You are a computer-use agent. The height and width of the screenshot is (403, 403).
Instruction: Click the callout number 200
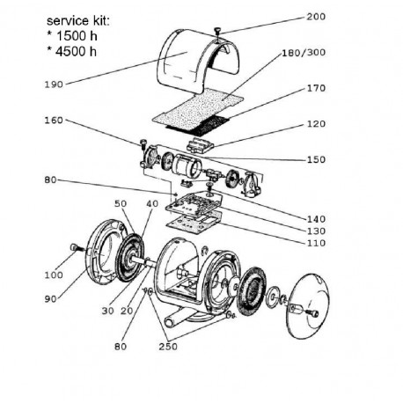[316, 17]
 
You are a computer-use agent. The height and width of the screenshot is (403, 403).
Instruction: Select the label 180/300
[304, 53]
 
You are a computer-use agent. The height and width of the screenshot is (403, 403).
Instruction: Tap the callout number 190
[54, 84]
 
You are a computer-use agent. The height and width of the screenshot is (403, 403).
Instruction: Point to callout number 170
[316, 88]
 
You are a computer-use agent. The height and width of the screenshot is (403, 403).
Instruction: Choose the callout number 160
[54, 121]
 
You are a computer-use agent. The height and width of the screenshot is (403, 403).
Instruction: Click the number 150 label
[316, 159]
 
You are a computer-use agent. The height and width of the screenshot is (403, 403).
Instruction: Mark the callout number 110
[316, 243]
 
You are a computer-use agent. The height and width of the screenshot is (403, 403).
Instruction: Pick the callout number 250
[168, 347]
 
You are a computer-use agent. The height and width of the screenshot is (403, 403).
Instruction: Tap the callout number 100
[54, 275]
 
